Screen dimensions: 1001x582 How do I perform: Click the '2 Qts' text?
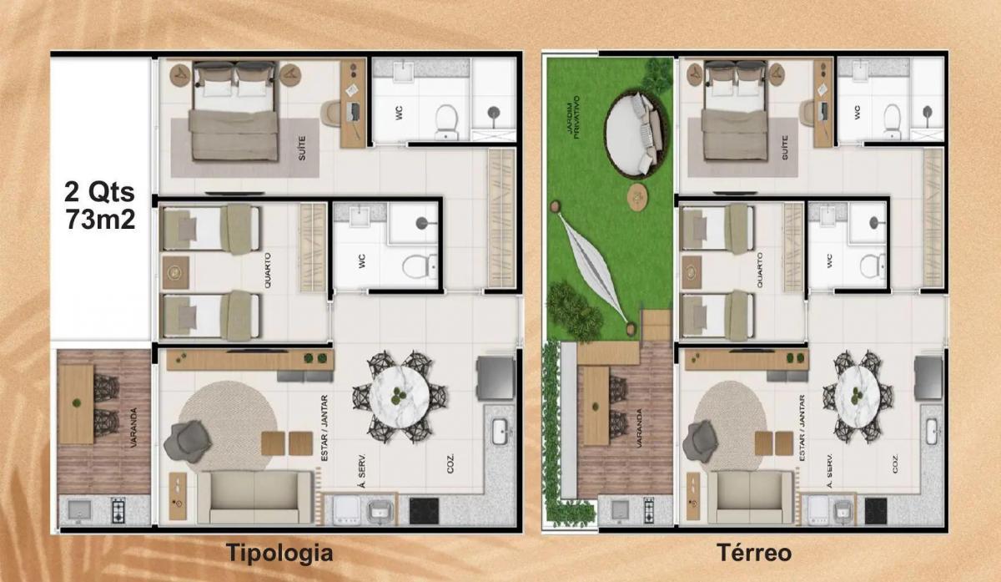99,192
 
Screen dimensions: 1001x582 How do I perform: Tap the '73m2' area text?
101,220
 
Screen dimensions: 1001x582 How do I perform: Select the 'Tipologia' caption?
279,553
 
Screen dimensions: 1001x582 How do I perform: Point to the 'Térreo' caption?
754,553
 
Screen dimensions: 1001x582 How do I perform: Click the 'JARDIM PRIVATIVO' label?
572,117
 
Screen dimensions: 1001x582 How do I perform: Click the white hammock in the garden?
593,267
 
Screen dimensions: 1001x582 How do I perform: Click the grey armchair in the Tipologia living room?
187,442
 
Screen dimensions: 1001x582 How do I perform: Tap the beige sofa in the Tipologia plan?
254,497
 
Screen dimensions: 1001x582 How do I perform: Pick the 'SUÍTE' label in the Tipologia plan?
302,149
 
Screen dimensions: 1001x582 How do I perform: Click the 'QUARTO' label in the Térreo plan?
760,270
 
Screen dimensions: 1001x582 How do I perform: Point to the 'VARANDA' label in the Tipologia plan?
133,428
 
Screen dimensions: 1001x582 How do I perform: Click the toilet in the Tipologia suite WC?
446,122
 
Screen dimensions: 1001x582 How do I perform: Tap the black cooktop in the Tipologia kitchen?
424,510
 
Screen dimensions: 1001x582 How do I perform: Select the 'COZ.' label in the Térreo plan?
896,463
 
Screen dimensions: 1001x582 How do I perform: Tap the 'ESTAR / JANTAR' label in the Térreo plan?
802,428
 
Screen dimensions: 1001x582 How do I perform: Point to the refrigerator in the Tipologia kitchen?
495,378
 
